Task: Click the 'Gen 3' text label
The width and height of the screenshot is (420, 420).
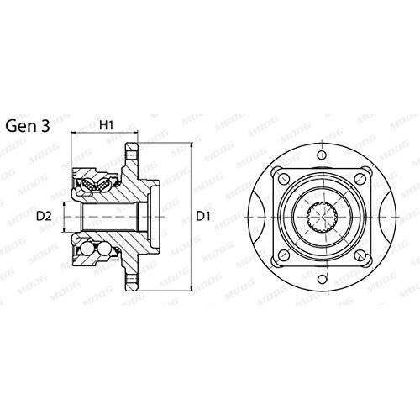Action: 28,126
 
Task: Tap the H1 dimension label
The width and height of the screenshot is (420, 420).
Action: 107,125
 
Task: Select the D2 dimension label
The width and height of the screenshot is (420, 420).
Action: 45,216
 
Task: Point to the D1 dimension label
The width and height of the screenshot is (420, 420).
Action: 203,216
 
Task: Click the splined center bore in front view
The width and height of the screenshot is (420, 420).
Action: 323,218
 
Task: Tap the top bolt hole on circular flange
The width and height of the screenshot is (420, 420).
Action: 323,155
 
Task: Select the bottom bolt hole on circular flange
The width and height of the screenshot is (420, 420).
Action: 323,279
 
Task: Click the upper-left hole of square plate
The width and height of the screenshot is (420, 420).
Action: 285,178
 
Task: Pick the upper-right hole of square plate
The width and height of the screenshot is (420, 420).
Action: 360,178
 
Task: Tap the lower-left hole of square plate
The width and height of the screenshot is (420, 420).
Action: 285,255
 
